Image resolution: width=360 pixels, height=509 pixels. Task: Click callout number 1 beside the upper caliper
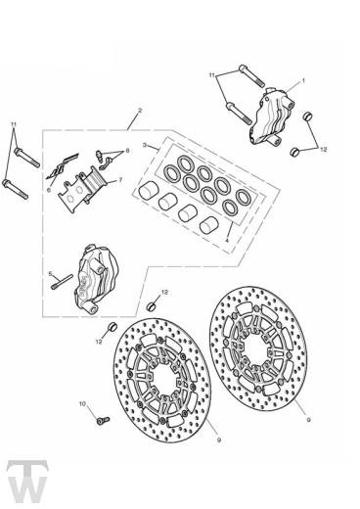click(303, 81)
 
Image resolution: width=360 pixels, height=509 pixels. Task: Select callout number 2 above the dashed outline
click(141, 111)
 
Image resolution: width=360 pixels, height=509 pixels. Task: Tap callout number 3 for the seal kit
click(144, 145)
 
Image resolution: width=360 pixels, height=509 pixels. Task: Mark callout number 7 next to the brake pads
click(119, 181)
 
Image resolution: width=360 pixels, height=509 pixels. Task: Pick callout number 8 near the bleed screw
click(126, 152)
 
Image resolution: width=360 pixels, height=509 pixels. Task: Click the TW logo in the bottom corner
click(27, 483)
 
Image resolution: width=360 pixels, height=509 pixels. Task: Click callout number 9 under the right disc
click(281, 419)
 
